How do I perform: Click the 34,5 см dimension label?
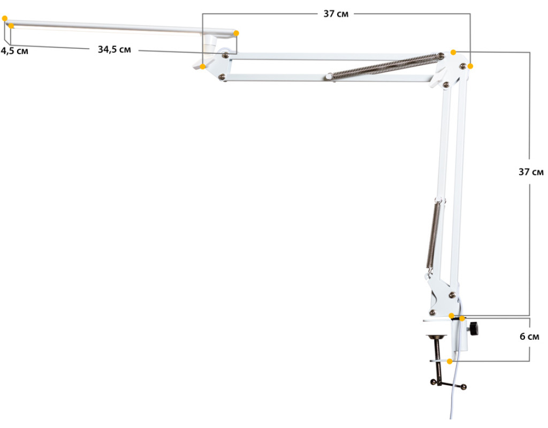pyautogui.click(x=115, y=50)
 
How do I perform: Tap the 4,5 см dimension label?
pyautogui.click(x=14, y=51)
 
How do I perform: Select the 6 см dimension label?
pyautogui.click(x=529, y=337)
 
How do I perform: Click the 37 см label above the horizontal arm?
pyautogui.click(x=336, y=13)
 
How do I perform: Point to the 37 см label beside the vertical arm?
pyautogui.click(x=531, y=172)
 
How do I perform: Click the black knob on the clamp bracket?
pyautogui.click(x=474, y=329)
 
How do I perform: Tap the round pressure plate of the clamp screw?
pyautogui.click(x=436, y=337)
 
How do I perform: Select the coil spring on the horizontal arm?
pyautogui.click(x=386, y=66)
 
